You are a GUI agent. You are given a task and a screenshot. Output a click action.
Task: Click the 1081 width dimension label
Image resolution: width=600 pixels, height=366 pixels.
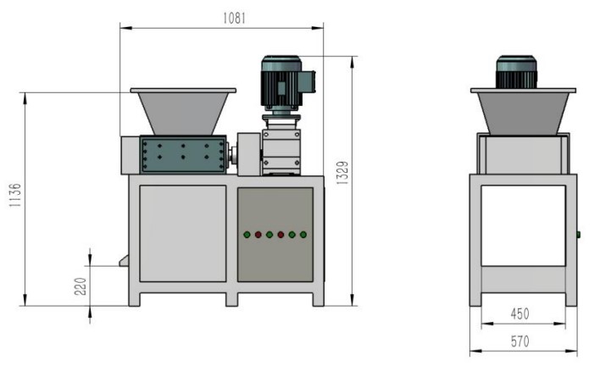click(234, 18)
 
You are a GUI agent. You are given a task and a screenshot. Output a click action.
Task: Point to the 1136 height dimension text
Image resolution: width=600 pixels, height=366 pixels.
click(15, 195)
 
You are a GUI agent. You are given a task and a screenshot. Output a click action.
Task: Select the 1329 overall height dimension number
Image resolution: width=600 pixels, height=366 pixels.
click(342, 173)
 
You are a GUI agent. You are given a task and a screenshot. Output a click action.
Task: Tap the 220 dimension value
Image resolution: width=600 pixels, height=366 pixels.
click(81, 286)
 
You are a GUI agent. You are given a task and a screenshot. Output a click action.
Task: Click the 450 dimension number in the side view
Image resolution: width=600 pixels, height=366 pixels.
click(519, 314)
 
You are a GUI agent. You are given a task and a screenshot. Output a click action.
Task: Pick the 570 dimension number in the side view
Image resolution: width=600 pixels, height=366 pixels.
click(519, 341)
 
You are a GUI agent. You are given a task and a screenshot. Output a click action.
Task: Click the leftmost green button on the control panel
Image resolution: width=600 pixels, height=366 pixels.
click(247, 235)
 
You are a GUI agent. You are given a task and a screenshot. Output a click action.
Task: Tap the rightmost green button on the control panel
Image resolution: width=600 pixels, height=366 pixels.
click(303, 235)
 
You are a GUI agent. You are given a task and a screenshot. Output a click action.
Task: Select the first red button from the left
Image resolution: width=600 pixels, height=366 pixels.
click(258, 235)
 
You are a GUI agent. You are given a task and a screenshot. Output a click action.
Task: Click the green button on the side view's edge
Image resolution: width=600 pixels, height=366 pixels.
click(578, 235)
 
